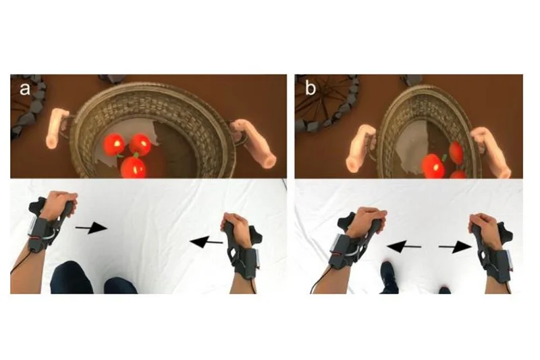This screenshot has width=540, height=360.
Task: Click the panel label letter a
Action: (25, 88)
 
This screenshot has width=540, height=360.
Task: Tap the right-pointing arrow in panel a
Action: (91, 228)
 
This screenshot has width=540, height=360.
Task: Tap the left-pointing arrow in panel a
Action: (206, 242)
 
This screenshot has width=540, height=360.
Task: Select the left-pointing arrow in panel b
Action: (404, 247)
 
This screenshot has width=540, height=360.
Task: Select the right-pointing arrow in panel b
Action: (455, 247)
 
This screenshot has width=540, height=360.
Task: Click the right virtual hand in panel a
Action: (254, 143)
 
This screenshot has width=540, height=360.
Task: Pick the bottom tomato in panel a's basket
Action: (133, 167)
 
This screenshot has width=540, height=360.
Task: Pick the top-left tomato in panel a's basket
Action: (115, 145)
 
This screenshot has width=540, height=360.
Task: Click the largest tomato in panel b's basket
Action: (433, 165)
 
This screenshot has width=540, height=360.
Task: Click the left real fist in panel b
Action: (367, 220)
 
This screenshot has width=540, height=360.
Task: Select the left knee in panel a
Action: (72, 278)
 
